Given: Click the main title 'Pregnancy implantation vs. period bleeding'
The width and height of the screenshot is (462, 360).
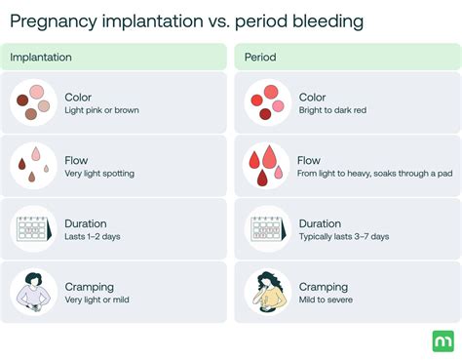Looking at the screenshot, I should (x=182, y=20).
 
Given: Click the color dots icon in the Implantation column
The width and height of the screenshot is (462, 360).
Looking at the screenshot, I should (x=34, y=102).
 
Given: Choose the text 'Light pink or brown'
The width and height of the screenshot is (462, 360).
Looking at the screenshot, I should (x=101, y=110).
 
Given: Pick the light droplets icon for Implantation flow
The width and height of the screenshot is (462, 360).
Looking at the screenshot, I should (x=34, y=165).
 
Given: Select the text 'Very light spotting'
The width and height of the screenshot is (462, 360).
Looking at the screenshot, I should (x=99, y=174).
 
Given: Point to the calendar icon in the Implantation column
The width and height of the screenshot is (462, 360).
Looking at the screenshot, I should (x=34, y=228).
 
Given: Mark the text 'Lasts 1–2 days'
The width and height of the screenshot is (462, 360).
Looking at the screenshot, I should (x=94, y=237).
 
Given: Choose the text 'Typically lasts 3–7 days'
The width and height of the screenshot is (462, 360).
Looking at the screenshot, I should (x=344, y=237).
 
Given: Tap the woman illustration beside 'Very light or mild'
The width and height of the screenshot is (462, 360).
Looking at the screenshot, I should (x=34, y=292).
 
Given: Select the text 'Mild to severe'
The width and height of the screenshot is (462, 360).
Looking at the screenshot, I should (x=327, y=300).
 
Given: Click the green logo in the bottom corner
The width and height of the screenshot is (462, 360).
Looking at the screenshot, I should (x=440, y=340).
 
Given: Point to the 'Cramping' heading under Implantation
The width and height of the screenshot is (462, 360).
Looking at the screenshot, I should (x=89, y=287).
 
